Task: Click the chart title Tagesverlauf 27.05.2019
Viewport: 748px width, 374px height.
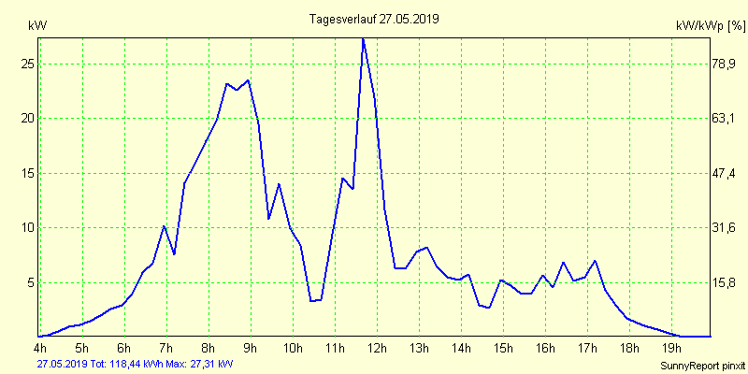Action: (x=374, y=19)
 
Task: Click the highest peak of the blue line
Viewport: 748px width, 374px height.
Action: (x=363, y=38)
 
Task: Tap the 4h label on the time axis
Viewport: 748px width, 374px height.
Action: (x=38, y=350)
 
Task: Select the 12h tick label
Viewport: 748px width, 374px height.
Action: (x=378, y=350)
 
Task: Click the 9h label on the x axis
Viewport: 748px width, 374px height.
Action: (x=250, y=350)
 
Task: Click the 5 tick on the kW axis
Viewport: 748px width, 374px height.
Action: (x=29, y=282)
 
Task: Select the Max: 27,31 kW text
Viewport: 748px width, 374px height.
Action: (x=200, y=363)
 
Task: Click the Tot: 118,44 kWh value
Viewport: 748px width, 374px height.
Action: (x=126, y=363)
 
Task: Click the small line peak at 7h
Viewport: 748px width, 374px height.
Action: (x=165, y=226)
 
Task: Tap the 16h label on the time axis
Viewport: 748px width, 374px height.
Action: (x=546, y=350)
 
